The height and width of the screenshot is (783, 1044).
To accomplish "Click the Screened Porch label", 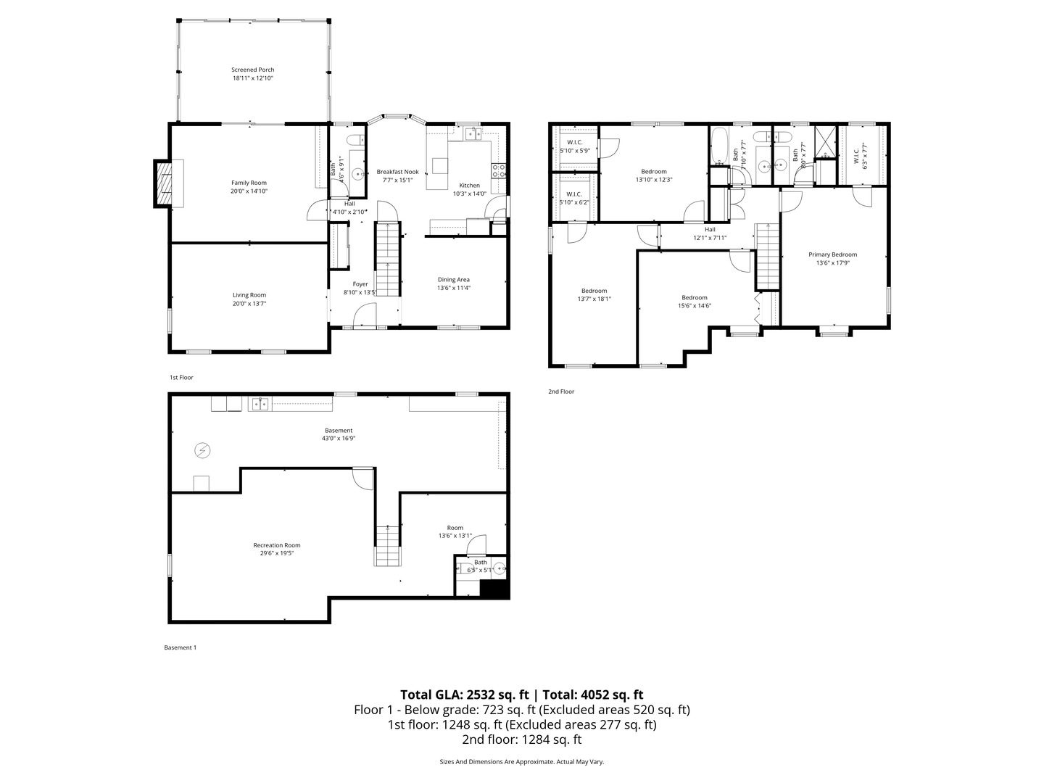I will (253, 70).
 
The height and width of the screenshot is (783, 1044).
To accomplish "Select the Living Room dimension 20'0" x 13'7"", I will (249, 304).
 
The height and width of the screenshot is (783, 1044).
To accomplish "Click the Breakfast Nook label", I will (397, 172).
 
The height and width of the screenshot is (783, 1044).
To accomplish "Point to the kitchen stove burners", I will (499, 171).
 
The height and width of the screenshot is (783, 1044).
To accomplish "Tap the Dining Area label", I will (454, 279).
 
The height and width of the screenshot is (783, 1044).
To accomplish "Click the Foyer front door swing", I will (365, 315).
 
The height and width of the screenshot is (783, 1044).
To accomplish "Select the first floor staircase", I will (387, 258).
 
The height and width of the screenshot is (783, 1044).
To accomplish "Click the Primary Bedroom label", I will (832, 254).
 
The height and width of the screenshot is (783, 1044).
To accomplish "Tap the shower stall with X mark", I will (825, 142).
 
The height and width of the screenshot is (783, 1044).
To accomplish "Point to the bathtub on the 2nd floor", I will (719, 146).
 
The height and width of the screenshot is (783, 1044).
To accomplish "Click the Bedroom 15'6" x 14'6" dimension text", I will (694, 306).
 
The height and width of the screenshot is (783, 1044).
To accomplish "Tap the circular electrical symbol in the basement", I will (202, 451).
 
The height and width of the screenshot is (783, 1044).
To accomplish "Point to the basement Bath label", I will (481, 562).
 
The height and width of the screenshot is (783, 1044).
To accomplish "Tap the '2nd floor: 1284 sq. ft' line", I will (521, 739).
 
